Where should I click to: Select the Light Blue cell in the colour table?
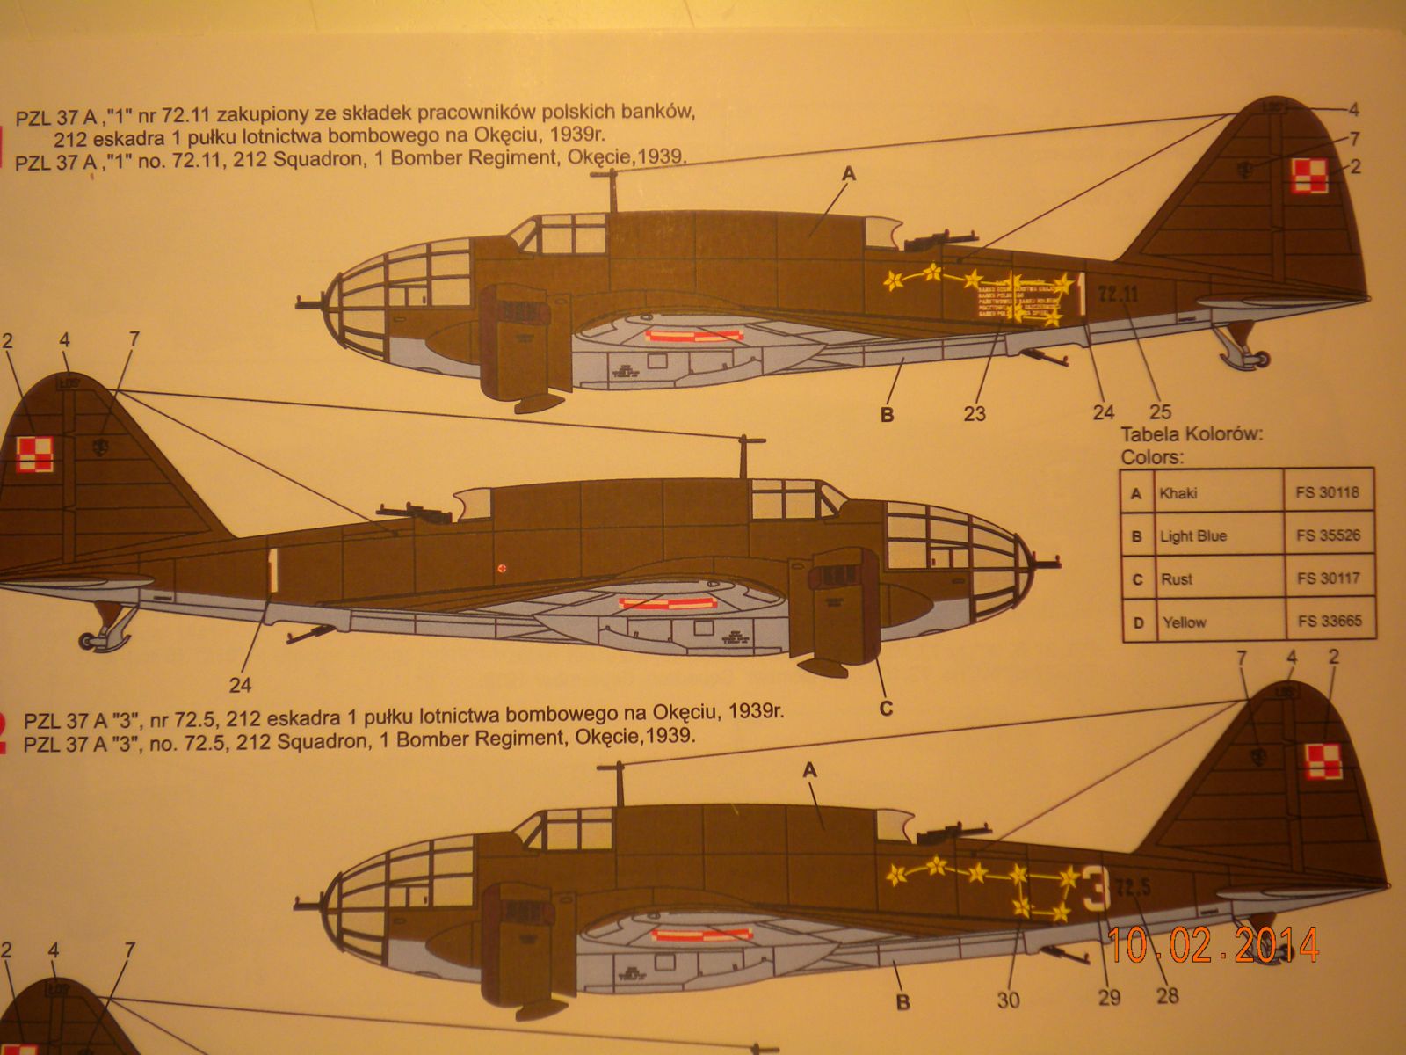1192,536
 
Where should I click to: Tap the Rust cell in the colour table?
1176,579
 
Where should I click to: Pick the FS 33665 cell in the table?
1328,622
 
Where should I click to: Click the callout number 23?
975,413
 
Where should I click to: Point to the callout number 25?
1160,411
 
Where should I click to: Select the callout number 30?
1008,1000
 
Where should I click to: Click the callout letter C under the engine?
886,709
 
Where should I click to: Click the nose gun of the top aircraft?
309,299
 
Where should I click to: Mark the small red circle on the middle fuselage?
502,568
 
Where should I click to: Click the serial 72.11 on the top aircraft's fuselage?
1119,295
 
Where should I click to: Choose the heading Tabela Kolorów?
1192,434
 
